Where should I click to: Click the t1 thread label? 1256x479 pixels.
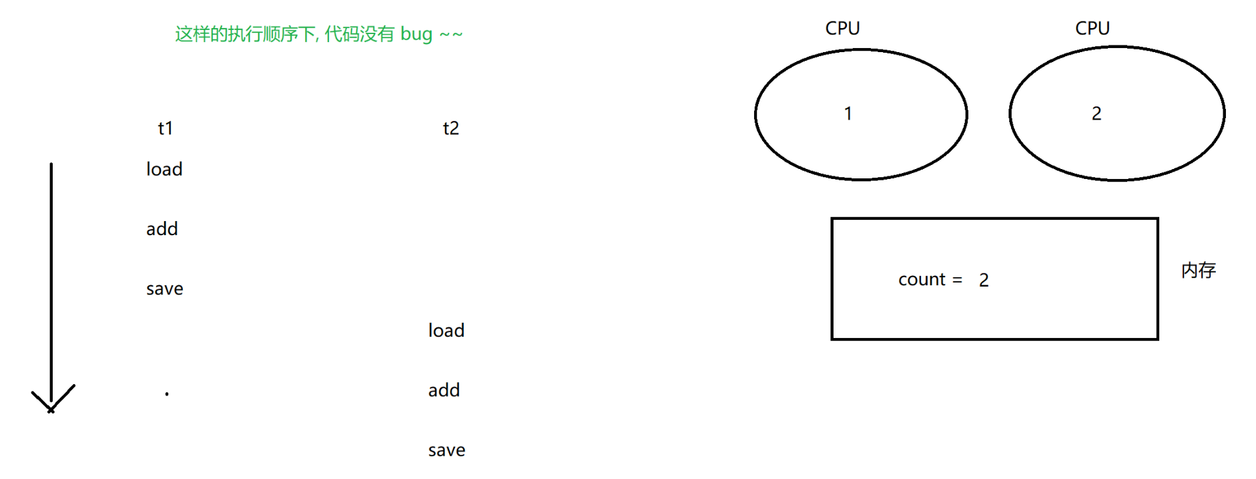tap(165, 128)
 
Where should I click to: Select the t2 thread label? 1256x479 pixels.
tap(450, 128)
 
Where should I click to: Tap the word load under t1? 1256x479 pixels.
tap(164, 170)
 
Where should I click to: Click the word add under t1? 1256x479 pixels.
tap(162, 229)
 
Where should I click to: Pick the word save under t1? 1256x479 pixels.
tap(165, 289)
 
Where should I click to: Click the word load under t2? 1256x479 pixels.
tap(446, 331)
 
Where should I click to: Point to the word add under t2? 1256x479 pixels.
tap(444, 390)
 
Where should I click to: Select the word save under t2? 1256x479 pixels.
tap(446, 450)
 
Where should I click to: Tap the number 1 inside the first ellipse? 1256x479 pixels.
tap(848, 114)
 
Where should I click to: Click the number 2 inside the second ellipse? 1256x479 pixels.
tap(1096, 114)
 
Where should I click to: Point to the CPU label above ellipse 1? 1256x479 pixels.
tap(842, 28)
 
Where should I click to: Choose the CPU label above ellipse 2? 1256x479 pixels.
tap(1092, 28)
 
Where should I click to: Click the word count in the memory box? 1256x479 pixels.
tap(922, 279)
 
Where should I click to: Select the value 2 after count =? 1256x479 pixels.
tap(984, 280)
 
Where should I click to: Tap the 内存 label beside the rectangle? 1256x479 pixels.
tap(1199, 270)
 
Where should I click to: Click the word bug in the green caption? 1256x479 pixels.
tap(416, 34)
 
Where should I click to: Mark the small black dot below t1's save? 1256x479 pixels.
tap(167, 394)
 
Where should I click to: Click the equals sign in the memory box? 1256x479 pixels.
tap(958, 280)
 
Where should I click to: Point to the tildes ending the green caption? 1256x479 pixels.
tap(451, 35)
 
